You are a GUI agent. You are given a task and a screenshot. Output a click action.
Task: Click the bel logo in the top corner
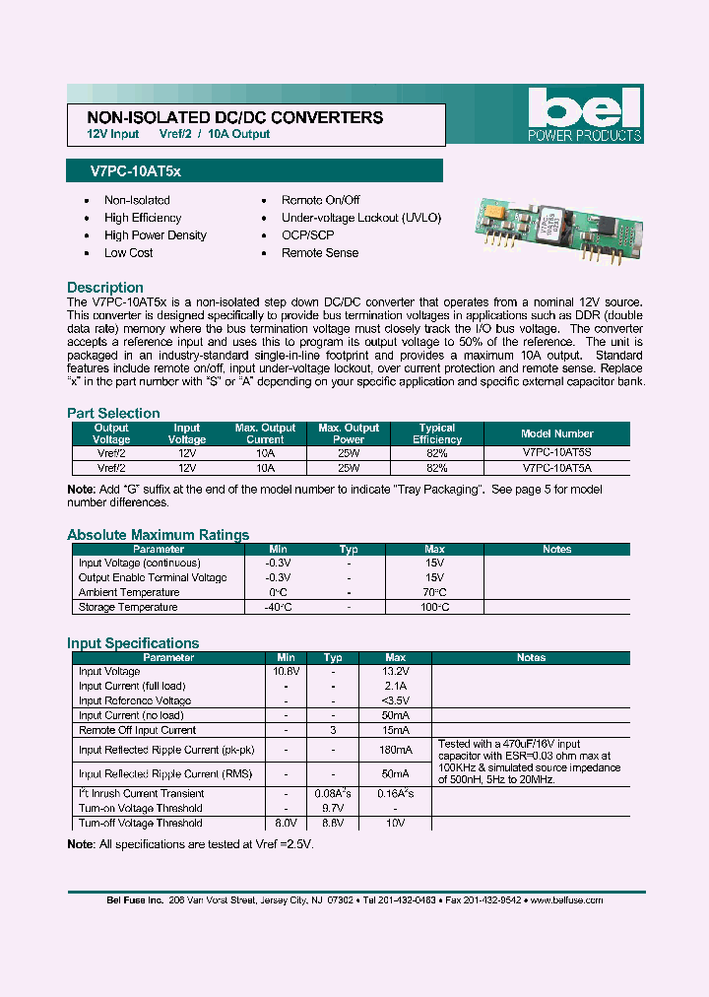pos(584,113)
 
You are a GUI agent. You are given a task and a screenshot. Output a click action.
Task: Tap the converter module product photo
pos(550,233)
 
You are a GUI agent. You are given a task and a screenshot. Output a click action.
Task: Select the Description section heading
pos(105,288)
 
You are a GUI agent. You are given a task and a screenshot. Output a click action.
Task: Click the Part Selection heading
pos(113,413)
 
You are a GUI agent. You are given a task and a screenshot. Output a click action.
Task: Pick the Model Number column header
pos(556,433)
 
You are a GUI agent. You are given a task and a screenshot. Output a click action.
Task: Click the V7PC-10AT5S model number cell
pos(556,454)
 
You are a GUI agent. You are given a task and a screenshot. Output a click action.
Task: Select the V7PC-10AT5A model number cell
pos(556,469)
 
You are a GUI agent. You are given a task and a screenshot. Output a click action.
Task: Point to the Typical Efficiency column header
pos(437,433)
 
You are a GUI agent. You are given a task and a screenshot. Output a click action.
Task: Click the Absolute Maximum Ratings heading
pos(158,535)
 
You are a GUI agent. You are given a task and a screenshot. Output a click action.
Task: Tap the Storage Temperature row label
pos(128,608)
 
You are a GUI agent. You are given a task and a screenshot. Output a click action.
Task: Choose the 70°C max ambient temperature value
pos(434,593)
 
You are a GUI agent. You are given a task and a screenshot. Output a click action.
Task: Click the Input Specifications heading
pos(133,643)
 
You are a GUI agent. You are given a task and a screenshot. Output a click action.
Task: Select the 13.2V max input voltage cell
pos(395,672)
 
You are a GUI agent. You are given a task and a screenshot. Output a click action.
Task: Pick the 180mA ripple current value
pos(395,751)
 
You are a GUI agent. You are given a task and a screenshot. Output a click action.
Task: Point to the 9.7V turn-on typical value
pos(333,809)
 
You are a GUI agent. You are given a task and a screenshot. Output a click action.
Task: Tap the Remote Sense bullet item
pos(320,253)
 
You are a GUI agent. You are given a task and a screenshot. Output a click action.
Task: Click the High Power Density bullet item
pos(156,235)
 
